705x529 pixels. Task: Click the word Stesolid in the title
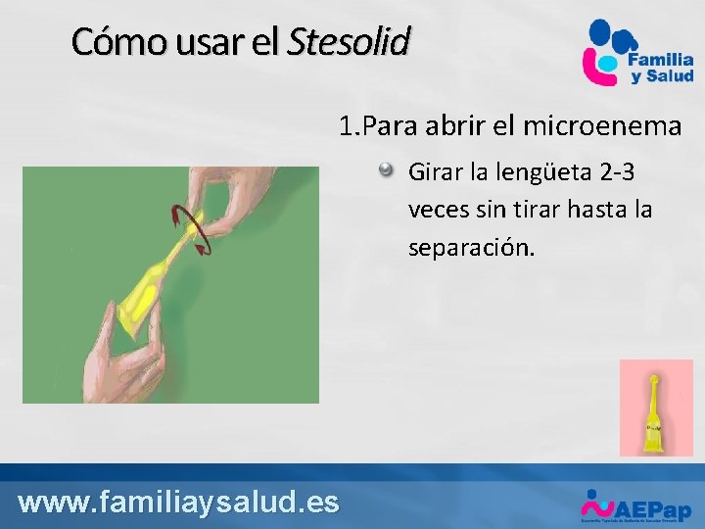pos(349,42)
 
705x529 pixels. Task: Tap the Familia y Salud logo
pos(638,54)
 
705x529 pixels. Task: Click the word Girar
pos(436,173)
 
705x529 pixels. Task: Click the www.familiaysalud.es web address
pos(179,503)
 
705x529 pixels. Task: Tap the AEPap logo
pos(636,506)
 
